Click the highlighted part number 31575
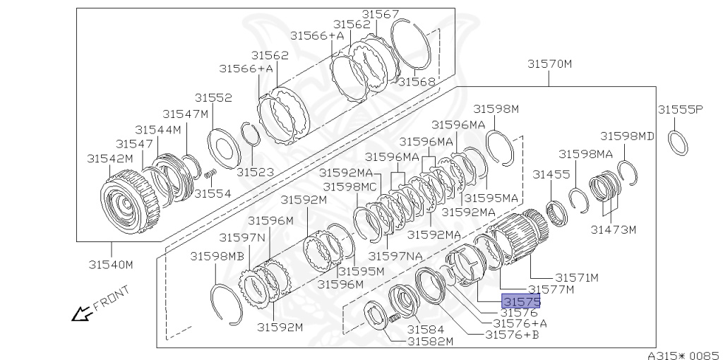click(x=521, y=301)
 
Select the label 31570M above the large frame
click(x=549, y=64)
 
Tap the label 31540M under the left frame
click(x=111, y=265)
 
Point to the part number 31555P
click(x=680, y=109)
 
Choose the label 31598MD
click(x=627, y=136)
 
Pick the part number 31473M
click(x=614, y=229)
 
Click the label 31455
click(x=551, y=174)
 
